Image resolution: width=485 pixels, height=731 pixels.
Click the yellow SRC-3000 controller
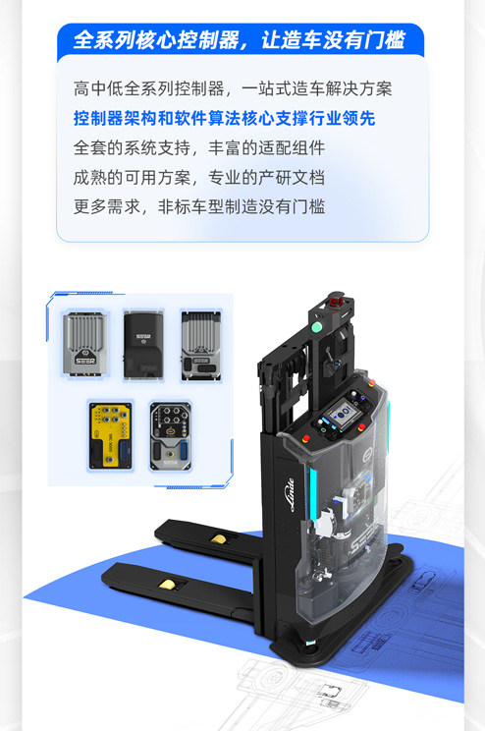point(110,436)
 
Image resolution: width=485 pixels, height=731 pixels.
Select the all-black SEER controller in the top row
point(143,345)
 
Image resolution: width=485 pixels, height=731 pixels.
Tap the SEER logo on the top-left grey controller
point(85,361)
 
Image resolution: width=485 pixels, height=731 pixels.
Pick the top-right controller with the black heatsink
point(201,346)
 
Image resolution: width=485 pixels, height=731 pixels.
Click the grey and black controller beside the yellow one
point(171,436)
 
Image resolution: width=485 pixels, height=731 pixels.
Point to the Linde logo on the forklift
point(291,494)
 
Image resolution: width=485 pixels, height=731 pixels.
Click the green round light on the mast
point(317,326)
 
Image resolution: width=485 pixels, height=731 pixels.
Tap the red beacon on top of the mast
point(335,299)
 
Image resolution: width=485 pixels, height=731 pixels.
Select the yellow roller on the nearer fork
point(167,584)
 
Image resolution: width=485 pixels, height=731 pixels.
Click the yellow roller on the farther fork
point(219,539)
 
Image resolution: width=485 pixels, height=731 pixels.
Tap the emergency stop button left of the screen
point(306,438)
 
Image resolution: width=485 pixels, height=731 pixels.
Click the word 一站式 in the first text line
point(266,88)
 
